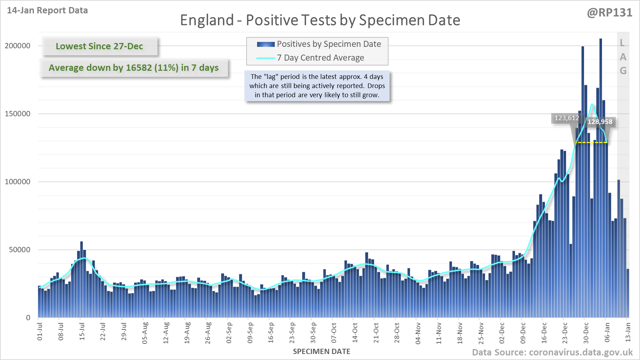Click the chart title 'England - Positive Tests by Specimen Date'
pyautogui.click(x=320, y=20)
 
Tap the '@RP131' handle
pyautogui.click(x=609, y=13)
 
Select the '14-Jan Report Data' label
pyautogui.click(x=47, y=11)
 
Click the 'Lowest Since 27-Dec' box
pyautogui.click(x=99, y=46)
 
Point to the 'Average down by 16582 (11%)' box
pyautogui.click(x=133, y=68)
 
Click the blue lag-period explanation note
pyautogui.click(x=317, y=86)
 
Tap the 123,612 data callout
pyautogui.click(x=566, y=118)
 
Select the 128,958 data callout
pyautogui.click(x=600, y=122)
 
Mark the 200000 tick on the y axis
pyautogui.click(x=18, y=46)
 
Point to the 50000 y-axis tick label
pyautogui.click(x=19, y=250)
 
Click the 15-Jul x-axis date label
pyautogui.click(x=82, y=331)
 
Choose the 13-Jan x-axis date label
pyautogui.click(x=628, y=331)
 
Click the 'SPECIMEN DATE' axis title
pyautogui.click(x=321, y=352)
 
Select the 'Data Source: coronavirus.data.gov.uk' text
pyautogui.click(x=552, y=353)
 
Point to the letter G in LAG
pyautogui.click(x=623, y=71)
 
